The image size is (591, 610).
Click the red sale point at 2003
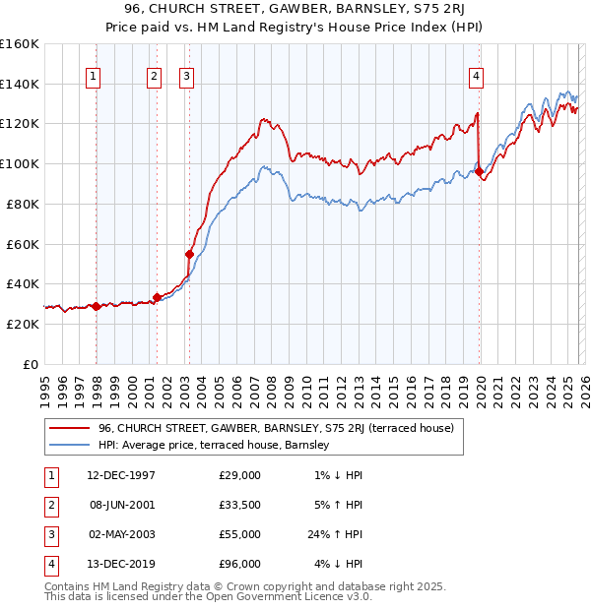coord(189,254)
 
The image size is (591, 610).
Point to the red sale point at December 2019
coord(479,171)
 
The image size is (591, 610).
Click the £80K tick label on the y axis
coord(20,204)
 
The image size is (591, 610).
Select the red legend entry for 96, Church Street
coord(276,428)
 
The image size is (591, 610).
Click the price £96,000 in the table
coord(239,564)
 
